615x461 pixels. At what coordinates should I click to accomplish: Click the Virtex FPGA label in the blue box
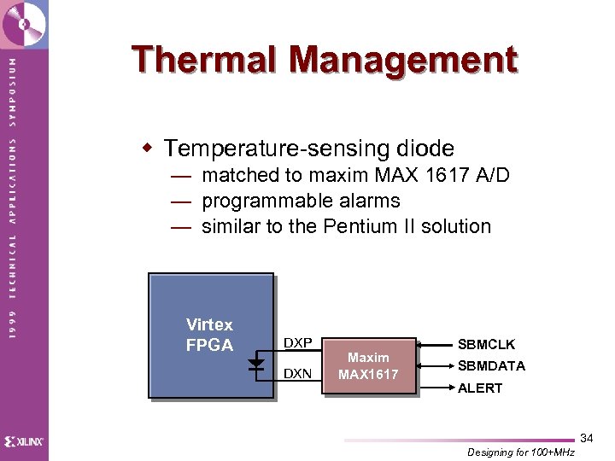209,335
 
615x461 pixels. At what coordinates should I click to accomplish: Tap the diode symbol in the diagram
255,363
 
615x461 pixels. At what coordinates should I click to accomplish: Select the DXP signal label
297,343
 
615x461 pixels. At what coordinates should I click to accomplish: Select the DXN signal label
297,374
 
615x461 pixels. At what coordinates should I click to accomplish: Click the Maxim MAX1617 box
368,365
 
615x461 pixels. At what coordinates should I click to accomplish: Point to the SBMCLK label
486,345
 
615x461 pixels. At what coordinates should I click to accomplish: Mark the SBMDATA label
491,365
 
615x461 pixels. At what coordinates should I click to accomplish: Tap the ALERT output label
480,388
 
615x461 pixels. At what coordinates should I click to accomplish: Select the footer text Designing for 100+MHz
521,452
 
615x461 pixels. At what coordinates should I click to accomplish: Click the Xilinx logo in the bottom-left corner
24,441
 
